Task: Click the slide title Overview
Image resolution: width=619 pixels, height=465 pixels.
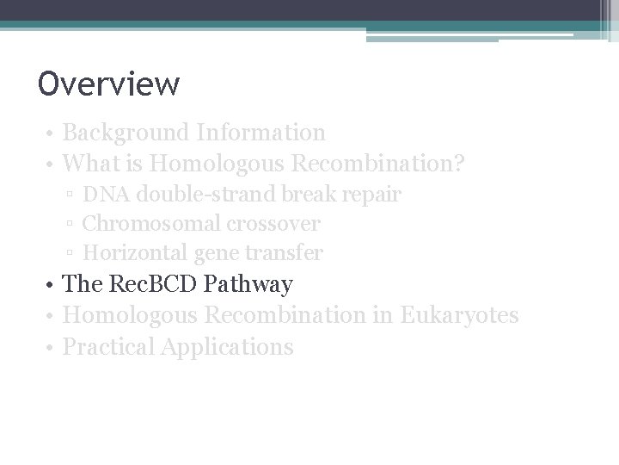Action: (x=108, y=84)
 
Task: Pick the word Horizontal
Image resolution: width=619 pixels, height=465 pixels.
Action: (x=132, y=253)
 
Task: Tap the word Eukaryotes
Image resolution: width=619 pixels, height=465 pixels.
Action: (x=459, y=316)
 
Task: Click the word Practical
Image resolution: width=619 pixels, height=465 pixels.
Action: (x=109, y=347)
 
